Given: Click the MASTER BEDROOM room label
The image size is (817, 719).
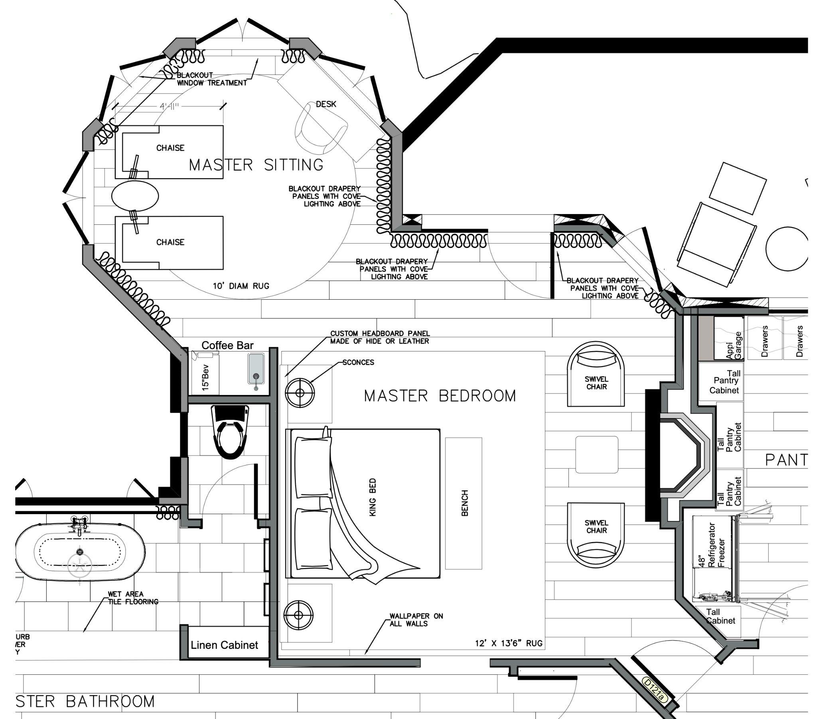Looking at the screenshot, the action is click(x=440, y=396).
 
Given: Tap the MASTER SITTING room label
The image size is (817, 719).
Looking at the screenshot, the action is click(x=256, y=165).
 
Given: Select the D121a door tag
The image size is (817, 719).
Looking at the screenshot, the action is click(x=655, y=690).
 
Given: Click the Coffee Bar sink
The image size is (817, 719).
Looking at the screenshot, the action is click(x=256, y=370).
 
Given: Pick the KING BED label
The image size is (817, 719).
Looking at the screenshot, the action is click(x=373, y=497).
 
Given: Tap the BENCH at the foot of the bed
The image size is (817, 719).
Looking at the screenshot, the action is click(x=464, y=503).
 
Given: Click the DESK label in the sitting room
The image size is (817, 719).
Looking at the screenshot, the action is click(x=326, y=104).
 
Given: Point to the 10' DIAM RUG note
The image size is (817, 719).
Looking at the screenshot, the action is click(x=241, y=286).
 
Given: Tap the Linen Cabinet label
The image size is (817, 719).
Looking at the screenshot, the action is click(x=224, y=645).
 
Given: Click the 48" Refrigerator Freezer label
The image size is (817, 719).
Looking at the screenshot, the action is click(x=712, y=545).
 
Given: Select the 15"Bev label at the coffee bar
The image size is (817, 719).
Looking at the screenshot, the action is click(x=205, y=378).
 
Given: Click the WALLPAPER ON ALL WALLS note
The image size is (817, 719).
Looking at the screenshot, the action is click(x=416, y=619).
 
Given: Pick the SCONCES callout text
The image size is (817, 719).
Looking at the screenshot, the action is click(x=358, y=362).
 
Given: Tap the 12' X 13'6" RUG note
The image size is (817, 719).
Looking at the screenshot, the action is click(x=508, y=643).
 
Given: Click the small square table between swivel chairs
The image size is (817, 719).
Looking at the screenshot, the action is click(x=597, y=455).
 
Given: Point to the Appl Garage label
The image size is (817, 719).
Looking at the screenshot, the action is click(x=734, y=345).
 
